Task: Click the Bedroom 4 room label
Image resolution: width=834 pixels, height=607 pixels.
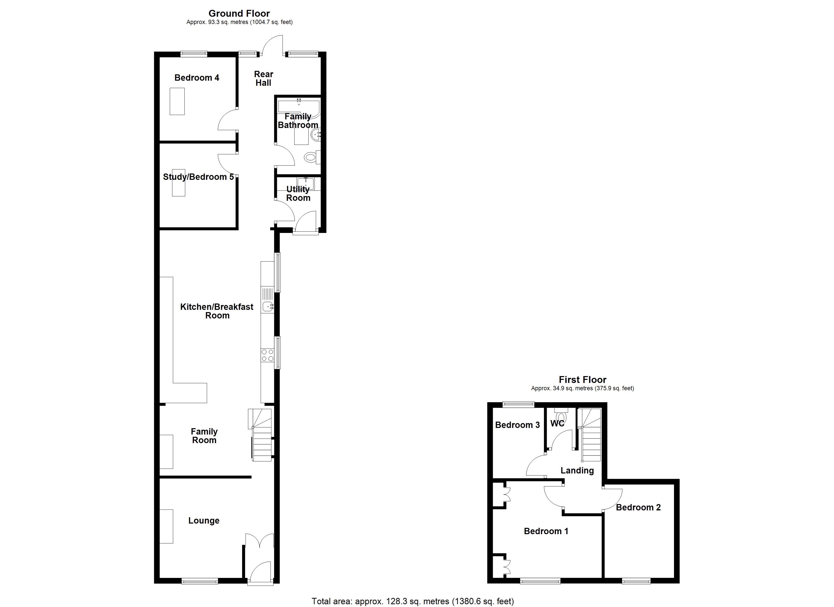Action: tap(197, 78)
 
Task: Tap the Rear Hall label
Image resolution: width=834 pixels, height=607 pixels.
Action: tap(263, 78)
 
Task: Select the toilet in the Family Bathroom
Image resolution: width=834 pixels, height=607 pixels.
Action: tap(311, 158)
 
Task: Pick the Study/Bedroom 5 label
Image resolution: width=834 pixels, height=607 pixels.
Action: tap(198, 177)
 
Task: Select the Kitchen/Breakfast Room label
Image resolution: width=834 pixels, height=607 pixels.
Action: tap(217, 311)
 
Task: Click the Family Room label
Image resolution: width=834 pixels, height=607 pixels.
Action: tap(204, 436)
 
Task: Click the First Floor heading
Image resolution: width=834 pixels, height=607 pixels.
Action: tap(583, 380)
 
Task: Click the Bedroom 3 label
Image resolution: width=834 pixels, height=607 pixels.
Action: tap(517, 425)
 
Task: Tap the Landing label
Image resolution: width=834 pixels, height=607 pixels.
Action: tap(577, 470)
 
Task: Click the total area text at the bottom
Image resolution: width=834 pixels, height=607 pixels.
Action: tap(413, 601)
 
